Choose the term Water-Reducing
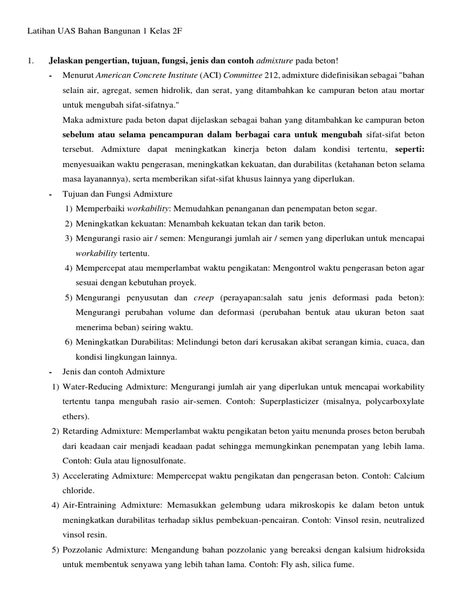(x=88, y=387)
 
